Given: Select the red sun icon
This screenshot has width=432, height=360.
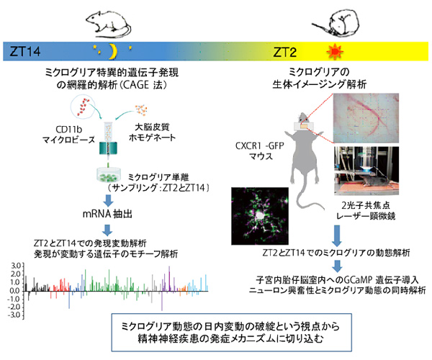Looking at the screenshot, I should click(x=333, y=51).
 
